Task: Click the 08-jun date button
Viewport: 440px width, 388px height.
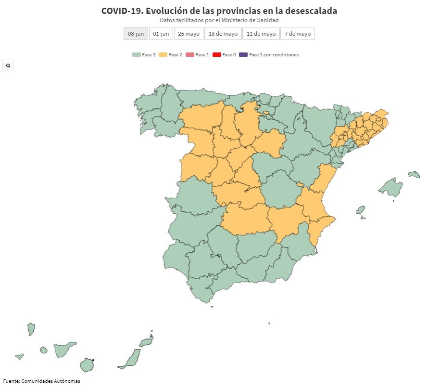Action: point(136,34)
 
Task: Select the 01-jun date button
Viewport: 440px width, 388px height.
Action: point(161,34)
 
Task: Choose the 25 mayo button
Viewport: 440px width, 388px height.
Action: point(188,34)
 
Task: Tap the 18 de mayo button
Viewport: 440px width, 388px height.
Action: point(223,34)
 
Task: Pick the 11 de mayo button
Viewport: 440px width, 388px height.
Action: point(261,34)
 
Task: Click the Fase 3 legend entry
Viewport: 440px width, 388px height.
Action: point(144,55)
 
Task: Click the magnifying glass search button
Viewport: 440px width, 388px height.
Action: point(8,65)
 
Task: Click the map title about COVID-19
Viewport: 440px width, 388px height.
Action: point(219,11)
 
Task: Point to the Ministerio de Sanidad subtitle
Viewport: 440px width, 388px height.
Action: point(219,20)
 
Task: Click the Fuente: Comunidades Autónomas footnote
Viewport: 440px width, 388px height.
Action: point(41,381)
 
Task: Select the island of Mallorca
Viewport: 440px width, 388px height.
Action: point(390,187)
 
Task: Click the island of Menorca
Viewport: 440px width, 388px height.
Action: point(414,174)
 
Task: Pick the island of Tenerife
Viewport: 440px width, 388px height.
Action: point(63,349)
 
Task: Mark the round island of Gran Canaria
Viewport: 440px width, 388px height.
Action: point(87,365)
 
